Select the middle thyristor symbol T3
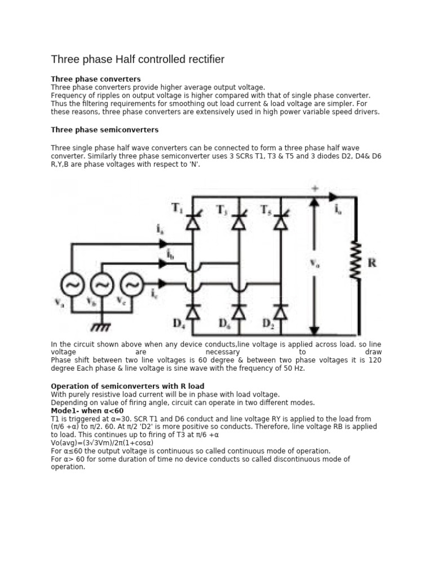pos(239,221)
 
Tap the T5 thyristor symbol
pos(280,221)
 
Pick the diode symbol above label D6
pos(239,310)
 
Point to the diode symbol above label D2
pos(280,310)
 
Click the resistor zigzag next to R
pos(356,260)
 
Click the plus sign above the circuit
pos(313,189)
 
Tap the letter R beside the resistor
pos(372,263)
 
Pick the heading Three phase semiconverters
pos(105,130)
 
